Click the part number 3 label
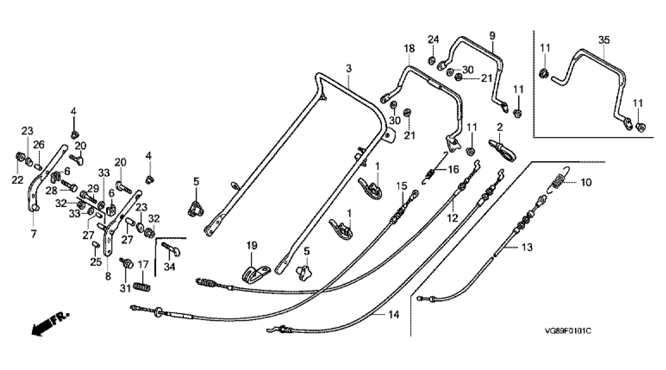click(349, 69)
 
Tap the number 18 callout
click(409, 48)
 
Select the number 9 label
click(492, 36)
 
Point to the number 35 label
click(604, 40)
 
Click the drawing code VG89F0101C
click(568, 331)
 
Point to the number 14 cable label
click(394, 315)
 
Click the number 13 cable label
click(527, 247)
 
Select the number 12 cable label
click(453, 218)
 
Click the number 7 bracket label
click(34, 234)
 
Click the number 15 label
click(402, 186)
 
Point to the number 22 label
click(17, 180)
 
